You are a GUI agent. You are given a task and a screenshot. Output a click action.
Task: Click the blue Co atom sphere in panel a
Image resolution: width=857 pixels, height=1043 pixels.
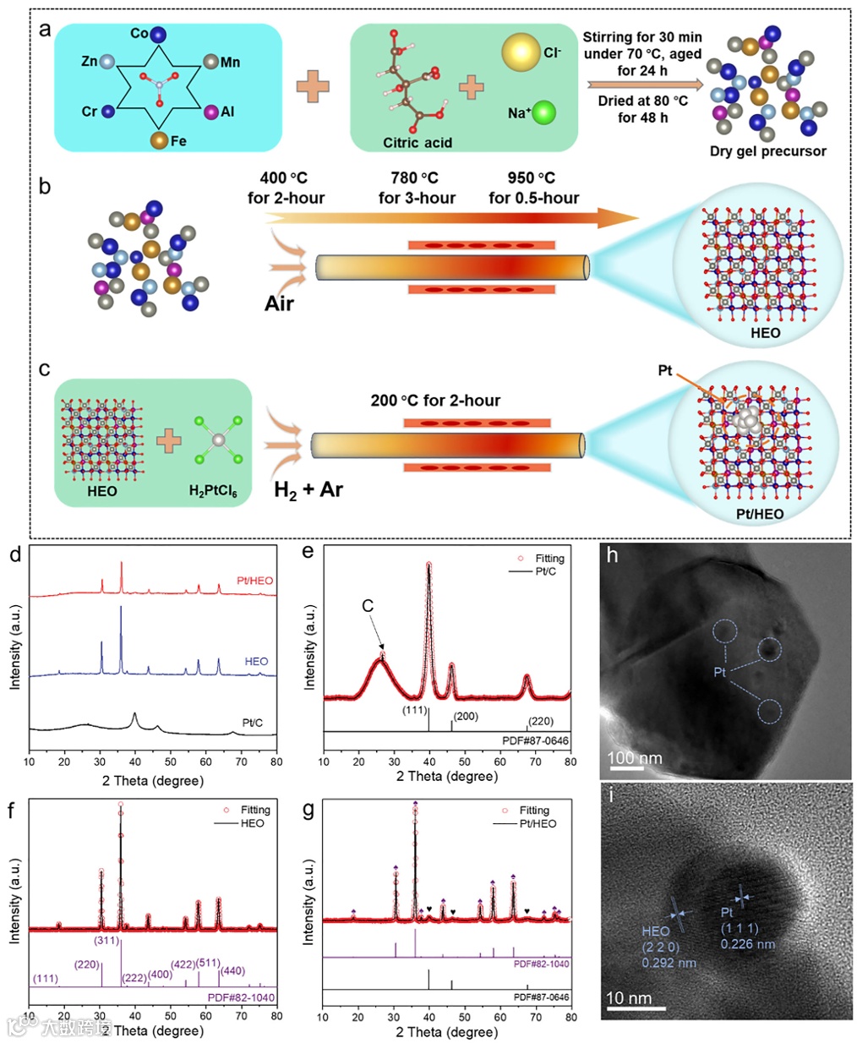pyautogui.click(x=158, y=35)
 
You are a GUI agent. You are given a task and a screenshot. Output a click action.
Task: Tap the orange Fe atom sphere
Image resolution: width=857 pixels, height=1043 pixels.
pyautogui.click(x=159, y=140)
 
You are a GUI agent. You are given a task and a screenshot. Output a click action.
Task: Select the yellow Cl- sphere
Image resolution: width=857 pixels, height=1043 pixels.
pyautogui.click(x=520, y=52)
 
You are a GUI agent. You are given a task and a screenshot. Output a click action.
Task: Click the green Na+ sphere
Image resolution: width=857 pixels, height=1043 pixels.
pyautogui.click(x=544, y=112)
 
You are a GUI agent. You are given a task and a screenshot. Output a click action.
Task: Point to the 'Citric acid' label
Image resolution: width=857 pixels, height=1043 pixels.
pyautogui.click(x=418, y=143)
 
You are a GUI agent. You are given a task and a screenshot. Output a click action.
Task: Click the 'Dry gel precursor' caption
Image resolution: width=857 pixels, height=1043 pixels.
pyautogui.click(x=767, y=151)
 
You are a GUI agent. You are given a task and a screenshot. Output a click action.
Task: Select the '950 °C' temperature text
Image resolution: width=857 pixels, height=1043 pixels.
pyautogui.click(x=531, y=178)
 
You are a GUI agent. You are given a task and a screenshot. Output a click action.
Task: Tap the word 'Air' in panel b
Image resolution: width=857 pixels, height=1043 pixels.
pyautogui.click(x=279, y=303)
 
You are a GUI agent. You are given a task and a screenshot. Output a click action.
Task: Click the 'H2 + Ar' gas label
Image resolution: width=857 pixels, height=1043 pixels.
pyautogui.click(x=308, y=490)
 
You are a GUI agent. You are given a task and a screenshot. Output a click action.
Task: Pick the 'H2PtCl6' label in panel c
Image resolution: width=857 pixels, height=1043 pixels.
pyautogui.click(x=213, y=491)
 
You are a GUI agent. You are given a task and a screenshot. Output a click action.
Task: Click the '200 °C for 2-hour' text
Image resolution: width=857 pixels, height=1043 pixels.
pyautogui.click(x=435, y=401)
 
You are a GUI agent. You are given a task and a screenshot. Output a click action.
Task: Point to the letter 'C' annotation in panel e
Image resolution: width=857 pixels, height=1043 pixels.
pyautogui.click(x=368, y=606)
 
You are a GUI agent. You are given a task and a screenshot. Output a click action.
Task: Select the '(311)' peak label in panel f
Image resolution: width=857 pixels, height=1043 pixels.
pyautogui.click(x=106, y=940)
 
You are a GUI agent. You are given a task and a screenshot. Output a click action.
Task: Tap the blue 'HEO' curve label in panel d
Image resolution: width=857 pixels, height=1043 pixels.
pyautogui.click(x=256, y=662)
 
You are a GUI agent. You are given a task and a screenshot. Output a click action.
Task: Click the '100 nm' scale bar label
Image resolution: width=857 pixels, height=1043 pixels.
pyautogui.click(x=636, y=757)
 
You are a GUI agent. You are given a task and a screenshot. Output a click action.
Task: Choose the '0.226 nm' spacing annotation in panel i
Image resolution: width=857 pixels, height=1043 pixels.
pyautogui.click(x=748, y=944)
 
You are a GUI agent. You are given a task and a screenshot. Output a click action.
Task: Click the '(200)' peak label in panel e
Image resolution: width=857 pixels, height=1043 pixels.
pyautogui.click(x=466, y=717)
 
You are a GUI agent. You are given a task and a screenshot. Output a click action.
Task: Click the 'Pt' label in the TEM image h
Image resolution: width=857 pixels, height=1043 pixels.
pyautogui.click(x=720, y=672)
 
